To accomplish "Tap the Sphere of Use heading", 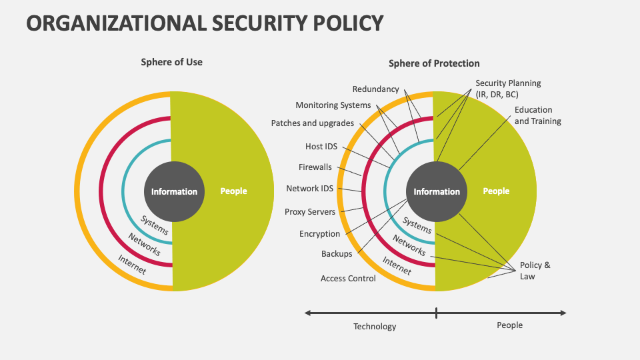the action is click(171, 62).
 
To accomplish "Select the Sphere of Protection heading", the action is click(434, 63).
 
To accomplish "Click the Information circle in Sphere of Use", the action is click(174, 191).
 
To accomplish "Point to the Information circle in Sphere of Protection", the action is click(437, 191).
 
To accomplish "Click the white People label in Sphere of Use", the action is click(233, 191).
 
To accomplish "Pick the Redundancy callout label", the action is click(375, 89).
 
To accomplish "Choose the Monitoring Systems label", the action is click(333, 105).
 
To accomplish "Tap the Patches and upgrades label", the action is click(312, 123).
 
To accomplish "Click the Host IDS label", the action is click(321, 146).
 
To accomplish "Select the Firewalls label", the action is click(315, 167).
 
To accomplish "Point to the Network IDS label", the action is click(309, 188).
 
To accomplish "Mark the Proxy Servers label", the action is click(310, 212).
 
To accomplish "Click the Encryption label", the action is click(319, 234).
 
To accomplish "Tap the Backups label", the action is click(337, 254).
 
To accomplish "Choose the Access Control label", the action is click(348, 279).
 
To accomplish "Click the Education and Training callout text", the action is click(537, 115).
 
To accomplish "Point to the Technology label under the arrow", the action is click(375, 327).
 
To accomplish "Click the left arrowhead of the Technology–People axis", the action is click(307, 313).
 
